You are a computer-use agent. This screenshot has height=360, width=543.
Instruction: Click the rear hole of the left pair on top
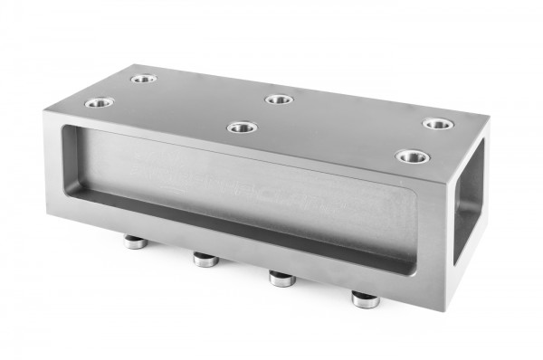click(x=143, y=79)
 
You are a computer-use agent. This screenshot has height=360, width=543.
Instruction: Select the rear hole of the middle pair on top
click(x=279, y=99)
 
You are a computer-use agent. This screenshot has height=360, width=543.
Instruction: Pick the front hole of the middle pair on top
click(x=242, y=128)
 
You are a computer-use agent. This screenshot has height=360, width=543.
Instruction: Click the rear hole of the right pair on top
click(x=437, y=123)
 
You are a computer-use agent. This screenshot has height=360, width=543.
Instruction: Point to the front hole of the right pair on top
click(x=412, y=156)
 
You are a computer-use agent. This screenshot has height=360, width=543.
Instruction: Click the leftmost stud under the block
click(x=134, y=242)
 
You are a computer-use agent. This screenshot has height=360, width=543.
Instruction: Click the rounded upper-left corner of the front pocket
click(x=65, y=131)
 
